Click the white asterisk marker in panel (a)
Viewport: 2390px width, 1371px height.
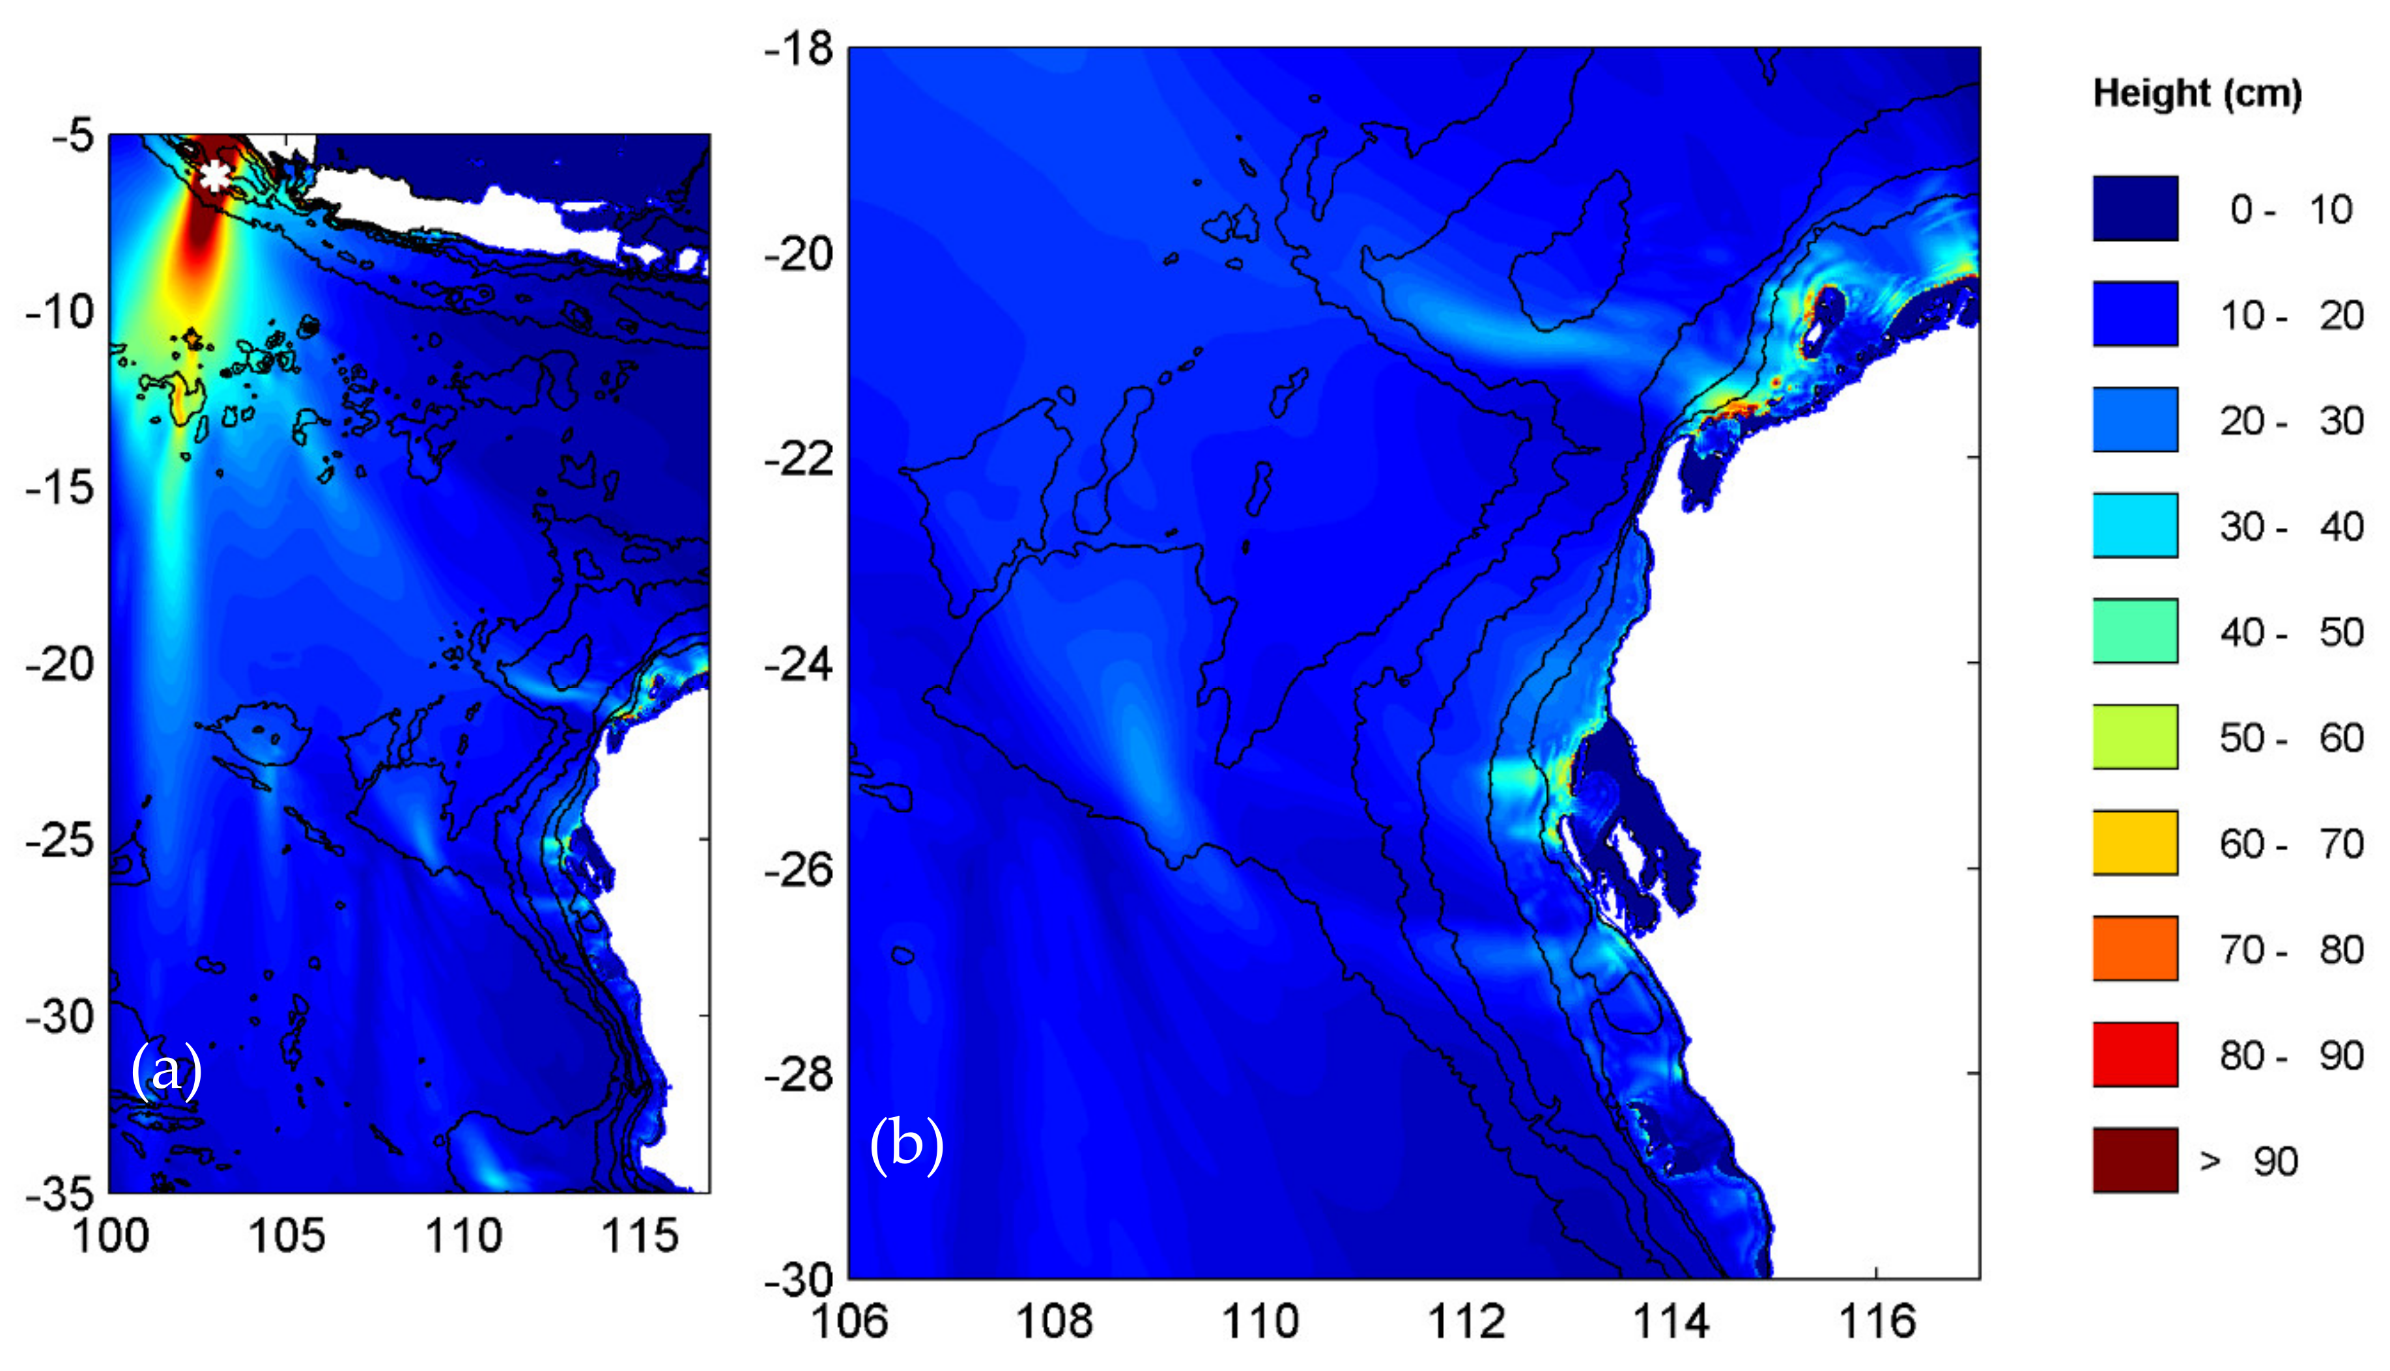(x=215, y=176)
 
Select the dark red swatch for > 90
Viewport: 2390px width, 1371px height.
(x=2135, y=1160)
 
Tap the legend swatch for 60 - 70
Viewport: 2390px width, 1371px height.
(x=2135, y=843)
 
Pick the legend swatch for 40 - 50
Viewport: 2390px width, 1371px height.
(x=2135, y=631)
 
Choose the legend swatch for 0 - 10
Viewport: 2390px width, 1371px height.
(x=2135, y=208)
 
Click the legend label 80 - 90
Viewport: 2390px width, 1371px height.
(x=2291, y=1055)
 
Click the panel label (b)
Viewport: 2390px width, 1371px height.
(x=906, y=1144)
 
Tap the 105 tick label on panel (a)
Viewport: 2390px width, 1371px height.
(x=287, y=1236)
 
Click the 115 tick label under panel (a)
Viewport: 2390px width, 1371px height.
(x=640, y=1236)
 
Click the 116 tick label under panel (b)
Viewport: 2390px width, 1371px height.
(x=1877, y=1321)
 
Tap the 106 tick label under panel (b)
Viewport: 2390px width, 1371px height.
(x=849, y=1321)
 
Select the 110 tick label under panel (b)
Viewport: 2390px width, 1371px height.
(x=1260, y=1321)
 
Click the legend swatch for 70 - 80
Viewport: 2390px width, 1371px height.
(x=2135, y=949)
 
